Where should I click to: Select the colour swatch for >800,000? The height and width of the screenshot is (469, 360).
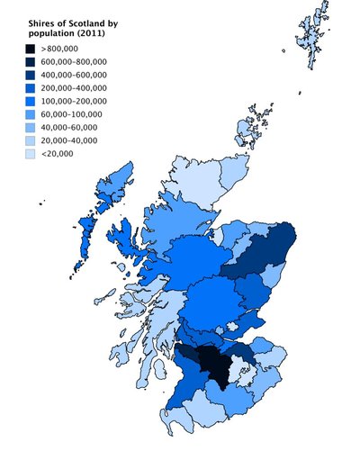(31, 49)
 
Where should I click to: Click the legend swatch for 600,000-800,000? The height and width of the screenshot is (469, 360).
(31, 62)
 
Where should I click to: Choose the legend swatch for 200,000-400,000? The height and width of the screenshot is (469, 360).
(31, 88)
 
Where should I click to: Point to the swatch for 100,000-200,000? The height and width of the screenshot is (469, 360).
(31, 102)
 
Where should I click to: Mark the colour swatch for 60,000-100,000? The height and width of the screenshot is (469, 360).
(31, 114)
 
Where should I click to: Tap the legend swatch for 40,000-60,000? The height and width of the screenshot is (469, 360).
(31, 128)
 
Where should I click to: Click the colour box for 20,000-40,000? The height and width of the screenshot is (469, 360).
(31, 141)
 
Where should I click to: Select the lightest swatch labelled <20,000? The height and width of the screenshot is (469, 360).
(31, 154)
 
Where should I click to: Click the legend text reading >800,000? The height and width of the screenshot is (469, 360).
(58, 49)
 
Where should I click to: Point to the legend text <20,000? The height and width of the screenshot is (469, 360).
(57, 154)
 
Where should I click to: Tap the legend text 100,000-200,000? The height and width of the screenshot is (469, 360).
(74, 102)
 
